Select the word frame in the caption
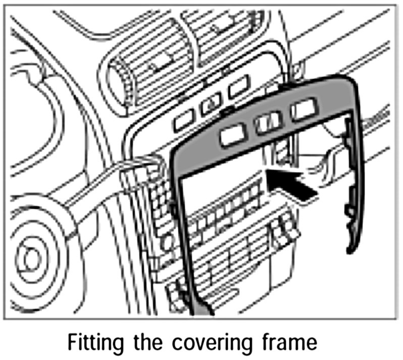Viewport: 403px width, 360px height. tap(288, 342)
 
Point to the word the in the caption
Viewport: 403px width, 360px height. tap(147, 342)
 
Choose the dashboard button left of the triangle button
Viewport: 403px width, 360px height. tap(183, 119)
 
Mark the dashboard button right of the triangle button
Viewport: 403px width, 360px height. tap(238, 88)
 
